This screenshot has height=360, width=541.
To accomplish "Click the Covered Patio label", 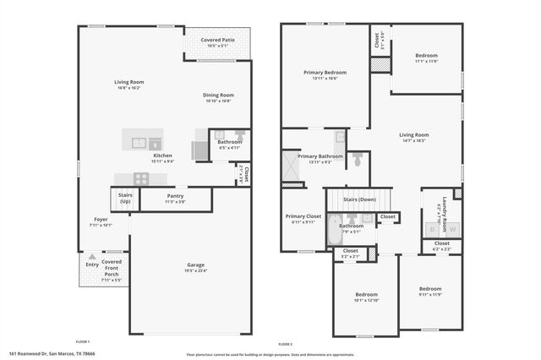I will pos(217,41).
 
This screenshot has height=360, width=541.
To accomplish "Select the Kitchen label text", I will pos(163,155).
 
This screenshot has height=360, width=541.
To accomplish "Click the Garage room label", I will pos(195,265).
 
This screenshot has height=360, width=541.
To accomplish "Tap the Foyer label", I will pos(101,219).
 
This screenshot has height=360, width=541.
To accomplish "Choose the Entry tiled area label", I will pos(91,265).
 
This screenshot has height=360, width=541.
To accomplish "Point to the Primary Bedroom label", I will pos(325,73).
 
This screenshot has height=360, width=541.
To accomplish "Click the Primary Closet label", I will pos(300,216).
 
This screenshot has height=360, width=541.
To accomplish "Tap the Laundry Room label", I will pos(439,203).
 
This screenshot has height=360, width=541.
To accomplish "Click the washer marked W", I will pos(452,228).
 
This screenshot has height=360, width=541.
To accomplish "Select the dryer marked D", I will pos(433,228).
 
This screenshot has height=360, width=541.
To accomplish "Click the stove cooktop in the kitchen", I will pos(140,178).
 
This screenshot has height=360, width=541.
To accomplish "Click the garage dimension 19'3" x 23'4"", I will pos(195,271).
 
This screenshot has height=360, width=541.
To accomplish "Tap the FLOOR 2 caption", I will pos(285,344).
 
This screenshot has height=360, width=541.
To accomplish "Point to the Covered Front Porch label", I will pos(112,269).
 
